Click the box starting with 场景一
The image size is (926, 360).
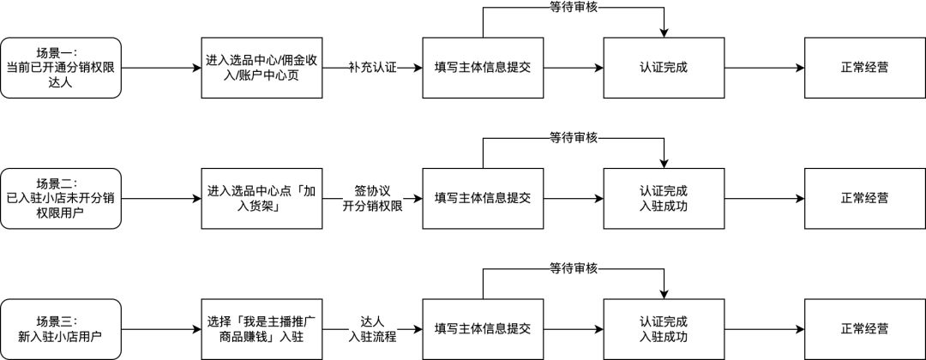pos(60,67)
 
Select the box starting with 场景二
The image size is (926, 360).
pos(60,198)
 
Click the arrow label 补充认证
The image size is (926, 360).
pos(372,67)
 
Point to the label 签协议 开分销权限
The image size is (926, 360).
pos(372,198)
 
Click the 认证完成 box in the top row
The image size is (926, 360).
pos(664,67)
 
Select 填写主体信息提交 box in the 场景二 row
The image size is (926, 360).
pos(483,198)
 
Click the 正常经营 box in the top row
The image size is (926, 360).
pos(864,67)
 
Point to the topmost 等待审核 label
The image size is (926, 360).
pos(574,7)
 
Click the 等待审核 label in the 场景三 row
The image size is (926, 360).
pos(574,268)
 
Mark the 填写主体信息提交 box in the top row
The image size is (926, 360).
pos(483,67)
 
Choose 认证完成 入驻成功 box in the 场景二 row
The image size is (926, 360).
pos(664,198)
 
